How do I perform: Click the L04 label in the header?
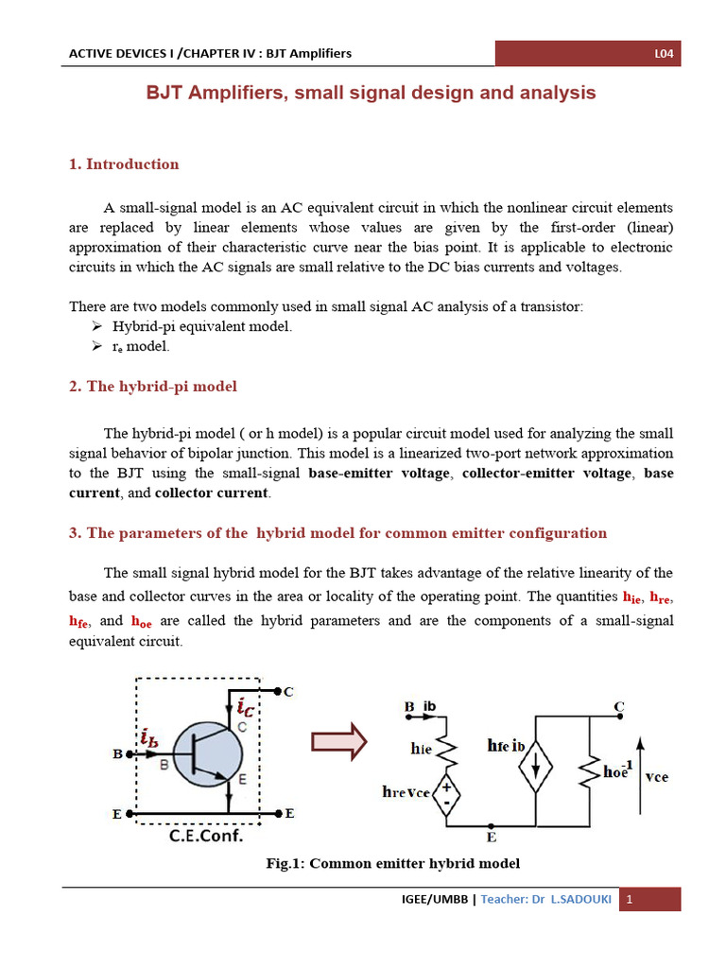[x=664, y=54]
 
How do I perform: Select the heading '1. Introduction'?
[x=124, y=164]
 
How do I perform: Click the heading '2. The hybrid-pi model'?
[x=153, y=387]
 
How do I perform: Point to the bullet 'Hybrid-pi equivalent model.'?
[x=202, y=326]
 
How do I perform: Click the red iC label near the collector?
[x=245, y=705]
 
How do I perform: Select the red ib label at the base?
[x=148, y=738]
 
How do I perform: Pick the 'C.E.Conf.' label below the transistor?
[x=206, y=836]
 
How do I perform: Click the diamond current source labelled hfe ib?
[x=534, y=771]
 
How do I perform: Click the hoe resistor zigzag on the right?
[x=589, y=771]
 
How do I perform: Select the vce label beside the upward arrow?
[x=656, y=776]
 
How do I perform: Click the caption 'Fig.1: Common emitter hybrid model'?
[x=393, y=863]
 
